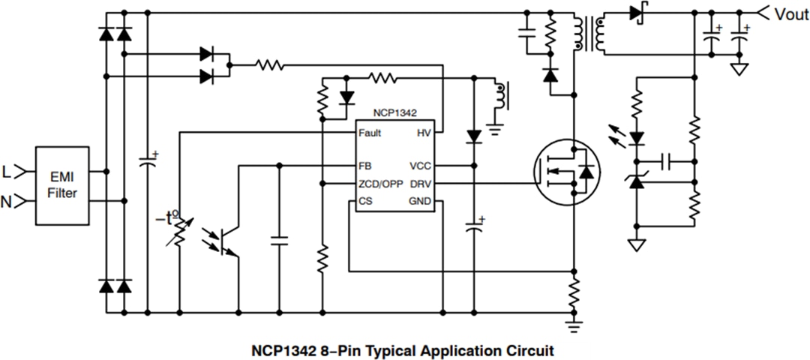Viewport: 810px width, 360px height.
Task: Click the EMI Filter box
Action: click(62, 185)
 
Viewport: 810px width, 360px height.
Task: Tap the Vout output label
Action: click(791, 14)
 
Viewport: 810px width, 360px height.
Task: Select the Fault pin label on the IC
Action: click(370, 133)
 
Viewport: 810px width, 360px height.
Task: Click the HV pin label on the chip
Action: click(424, 133)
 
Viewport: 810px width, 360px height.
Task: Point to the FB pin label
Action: click(365, 166)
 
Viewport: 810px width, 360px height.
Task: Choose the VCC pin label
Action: click(421, 166)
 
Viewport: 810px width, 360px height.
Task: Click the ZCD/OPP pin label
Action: click(380, 184)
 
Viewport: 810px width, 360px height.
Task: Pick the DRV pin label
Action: click(421, 184)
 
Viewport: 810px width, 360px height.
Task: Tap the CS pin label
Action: click(365, 201)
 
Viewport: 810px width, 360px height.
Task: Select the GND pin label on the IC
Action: click(420, 201)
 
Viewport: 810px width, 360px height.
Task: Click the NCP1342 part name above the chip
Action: click(394, 112)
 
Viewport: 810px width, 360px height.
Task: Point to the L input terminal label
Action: click(7, 172)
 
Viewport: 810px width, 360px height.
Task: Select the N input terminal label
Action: click(7, 201)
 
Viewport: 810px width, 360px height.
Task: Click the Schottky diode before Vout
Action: click(637, 12)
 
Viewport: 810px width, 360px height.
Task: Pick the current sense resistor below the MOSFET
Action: click(574, 292)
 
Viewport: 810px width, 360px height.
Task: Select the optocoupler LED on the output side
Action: click(637, 138)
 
